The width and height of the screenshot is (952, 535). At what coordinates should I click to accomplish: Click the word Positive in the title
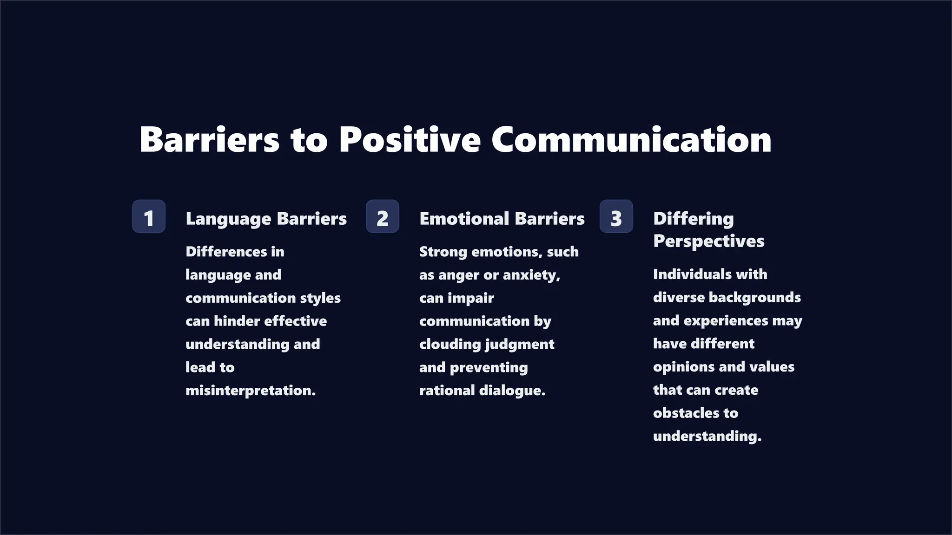[409, 139]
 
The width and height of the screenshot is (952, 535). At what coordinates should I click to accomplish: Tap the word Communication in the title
[631, 139]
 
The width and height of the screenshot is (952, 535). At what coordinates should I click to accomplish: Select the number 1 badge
[149, 216]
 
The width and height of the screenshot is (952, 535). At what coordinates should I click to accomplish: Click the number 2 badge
[382, 216]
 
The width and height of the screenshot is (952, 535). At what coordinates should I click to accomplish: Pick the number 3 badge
[616, 216]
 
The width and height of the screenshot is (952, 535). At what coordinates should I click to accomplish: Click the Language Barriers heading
[266, 219]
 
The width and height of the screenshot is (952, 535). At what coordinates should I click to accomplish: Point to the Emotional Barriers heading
[502, 219]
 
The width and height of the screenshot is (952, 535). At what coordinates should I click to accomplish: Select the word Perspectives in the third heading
[708, 241]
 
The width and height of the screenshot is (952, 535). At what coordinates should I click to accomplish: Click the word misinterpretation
[250, 391]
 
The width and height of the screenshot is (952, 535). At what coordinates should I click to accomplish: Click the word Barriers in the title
[209, 139]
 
